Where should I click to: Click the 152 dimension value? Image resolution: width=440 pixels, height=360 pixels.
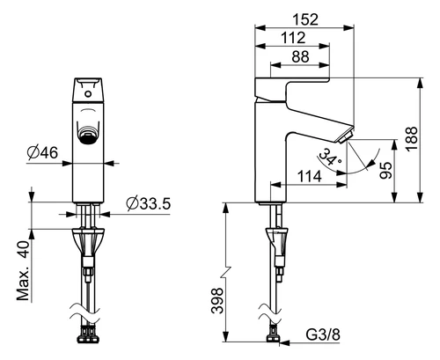(305, 19)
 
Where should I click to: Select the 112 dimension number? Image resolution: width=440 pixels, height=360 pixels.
(293, 38)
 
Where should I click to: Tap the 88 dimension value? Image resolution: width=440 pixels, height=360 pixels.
(300, 56)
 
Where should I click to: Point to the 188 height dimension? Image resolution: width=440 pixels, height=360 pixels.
(412, 138)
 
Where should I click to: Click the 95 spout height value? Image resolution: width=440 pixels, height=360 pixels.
(386, 170)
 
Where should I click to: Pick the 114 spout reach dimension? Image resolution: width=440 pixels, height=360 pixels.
(310, 177)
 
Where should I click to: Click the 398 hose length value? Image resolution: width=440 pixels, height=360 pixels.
(217, 301)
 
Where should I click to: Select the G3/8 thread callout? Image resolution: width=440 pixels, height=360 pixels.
(323, 334)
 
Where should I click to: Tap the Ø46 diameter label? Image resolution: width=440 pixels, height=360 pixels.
(43, 152)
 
